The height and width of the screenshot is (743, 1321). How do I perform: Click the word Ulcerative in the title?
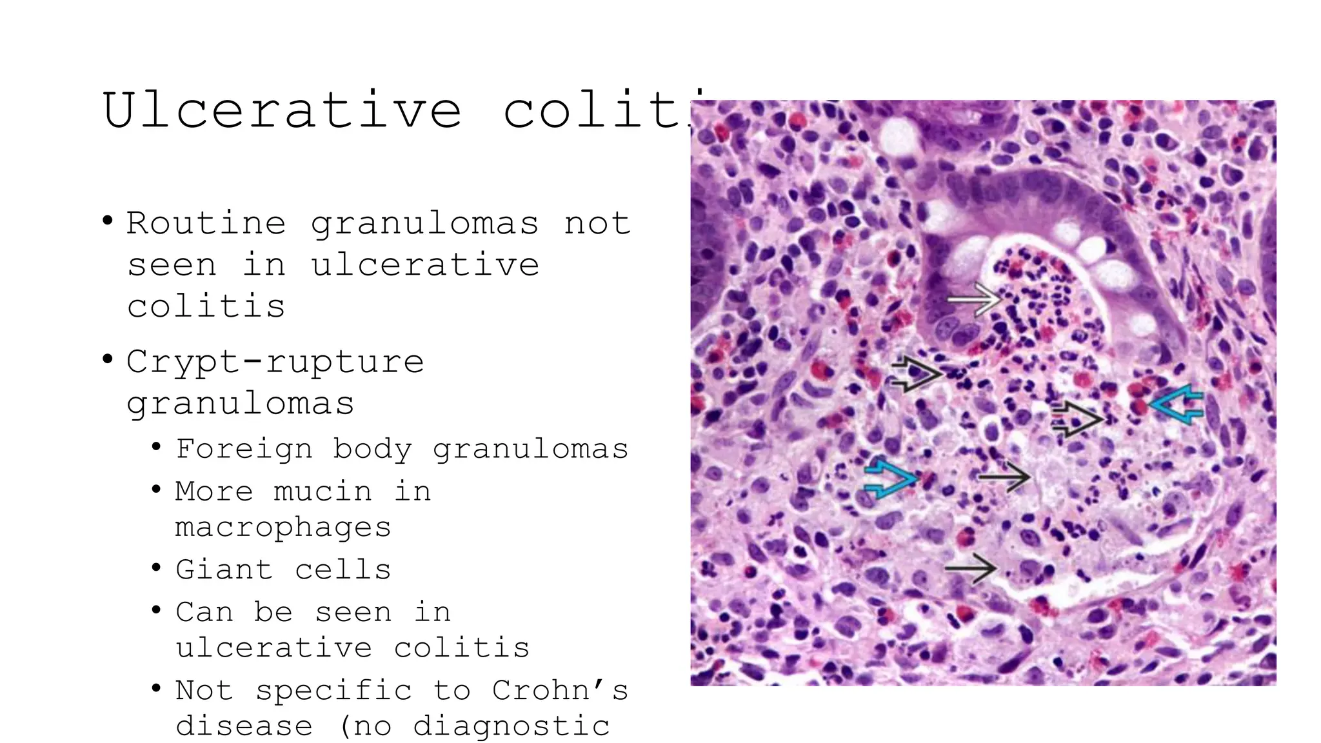coord(282,110)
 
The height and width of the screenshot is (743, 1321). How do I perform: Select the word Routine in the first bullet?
coord(206,224)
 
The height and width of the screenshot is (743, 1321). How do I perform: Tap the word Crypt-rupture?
coord(275,362)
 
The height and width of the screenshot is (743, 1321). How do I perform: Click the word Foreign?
coord(244,449)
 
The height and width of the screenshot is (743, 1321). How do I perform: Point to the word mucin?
coord(323,491)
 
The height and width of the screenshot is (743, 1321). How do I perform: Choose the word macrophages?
coord(283,528)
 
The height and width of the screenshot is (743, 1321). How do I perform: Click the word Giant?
coord(224,570)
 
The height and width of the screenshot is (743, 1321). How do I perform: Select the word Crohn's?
coord(560,690)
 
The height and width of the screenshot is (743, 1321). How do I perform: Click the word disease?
coord(244,726)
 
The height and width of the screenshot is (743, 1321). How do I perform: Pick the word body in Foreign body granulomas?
coord(372,449)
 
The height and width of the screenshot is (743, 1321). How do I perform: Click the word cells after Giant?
coord(343,570)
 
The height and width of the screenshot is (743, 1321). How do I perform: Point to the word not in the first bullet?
coord(597,224)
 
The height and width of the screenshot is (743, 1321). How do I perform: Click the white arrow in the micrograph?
coord(973,299)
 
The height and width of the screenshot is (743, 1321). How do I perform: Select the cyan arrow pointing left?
coord(1178,405)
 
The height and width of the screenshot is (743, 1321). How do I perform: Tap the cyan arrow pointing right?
coord(890,479)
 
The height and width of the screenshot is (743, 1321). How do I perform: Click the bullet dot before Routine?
coord(108,222)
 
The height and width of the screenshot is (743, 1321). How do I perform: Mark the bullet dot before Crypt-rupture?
coord(108,359)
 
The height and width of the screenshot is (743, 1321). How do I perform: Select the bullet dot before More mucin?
coord(156,490)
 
